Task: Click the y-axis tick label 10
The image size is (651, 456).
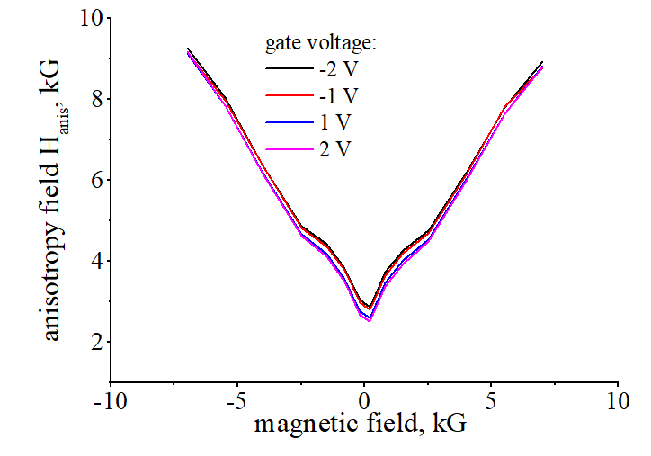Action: (x=87, y=17)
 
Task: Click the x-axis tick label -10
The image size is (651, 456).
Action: (x=111, y=398)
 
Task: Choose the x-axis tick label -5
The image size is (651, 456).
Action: (x=237, y=398)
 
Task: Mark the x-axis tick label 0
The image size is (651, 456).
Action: (x=364, y=398)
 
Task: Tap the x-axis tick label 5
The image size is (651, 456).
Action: (x=491, y=398)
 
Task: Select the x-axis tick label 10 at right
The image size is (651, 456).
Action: (x=618, y=398)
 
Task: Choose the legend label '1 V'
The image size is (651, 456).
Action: (x=334, y=121)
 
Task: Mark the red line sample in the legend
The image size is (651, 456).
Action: (x=288, y=94)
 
